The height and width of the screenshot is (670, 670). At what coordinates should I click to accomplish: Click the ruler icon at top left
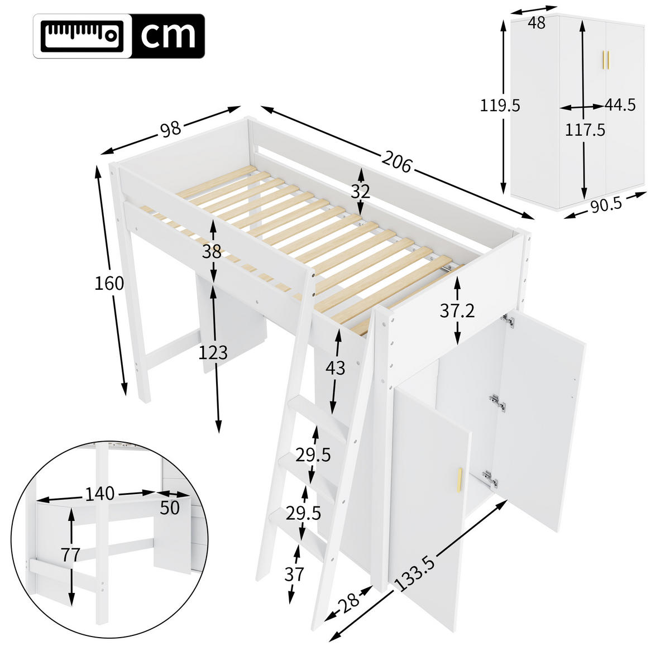click(x=83, y=35)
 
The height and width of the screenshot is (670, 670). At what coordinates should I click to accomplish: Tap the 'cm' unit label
click(x=168, y=35)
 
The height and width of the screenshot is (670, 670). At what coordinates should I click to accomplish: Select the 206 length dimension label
click(x=397, y=162)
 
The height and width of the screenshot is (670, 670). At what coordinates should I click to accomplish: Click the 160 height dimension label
click(x=109, y=284)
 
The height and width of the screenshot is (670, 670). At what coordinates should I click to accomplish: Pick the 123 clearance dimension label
click(x=213, y=352)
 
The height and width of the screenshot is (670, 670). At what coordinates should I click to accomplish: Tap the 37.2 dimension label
click(x=457, y=311)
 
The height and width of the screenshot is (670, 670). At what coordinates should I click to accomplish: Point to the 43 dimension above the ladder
click(x=336, y=368)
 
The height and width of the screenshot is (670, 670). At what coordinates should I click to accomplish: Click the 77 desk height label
click(x=71, y=555)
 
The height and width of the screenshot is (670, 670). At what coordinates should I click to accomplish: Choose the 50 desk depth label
click(x=170, y=508)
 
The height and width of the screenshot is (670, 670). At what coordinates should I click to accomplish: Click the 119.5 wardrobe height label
click(x=500, y=105)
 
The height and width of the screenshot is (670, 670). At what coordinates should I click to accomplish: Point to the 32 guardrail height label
click(x=361, y=192)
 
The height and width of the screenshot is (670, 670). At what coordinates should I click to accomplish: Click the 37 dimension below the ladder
click(x=294, y=574)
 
